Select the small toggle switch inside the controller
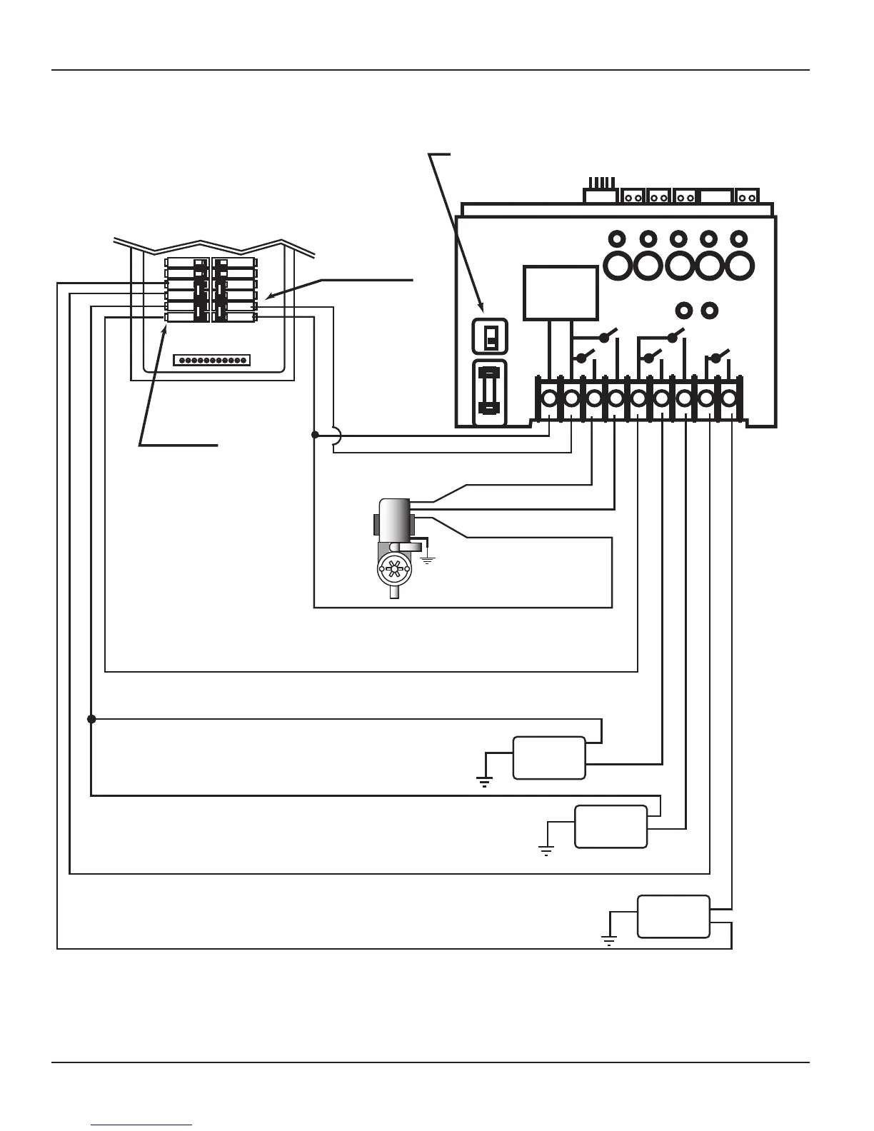coord(491,336)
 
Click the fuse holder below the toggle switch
coord(490,392)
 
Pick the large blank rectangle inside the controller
coord(561,293)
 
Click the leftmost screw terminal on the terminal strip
coord(549,398)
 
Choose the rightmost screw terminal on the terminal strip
coord(729,398)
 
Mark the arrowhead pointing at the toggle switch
coord(484,308)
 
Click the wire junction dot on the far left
coord(91,719)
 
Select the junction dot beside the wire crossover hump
coord(314,435)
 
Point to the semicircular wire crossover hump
coord(337,435)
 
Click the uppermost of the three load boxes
coord(549,758)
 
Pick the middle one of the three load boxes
coord(611,827)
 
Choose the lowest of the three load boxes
coord(673,916)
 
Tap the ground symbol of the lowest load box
coord(609,940)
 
